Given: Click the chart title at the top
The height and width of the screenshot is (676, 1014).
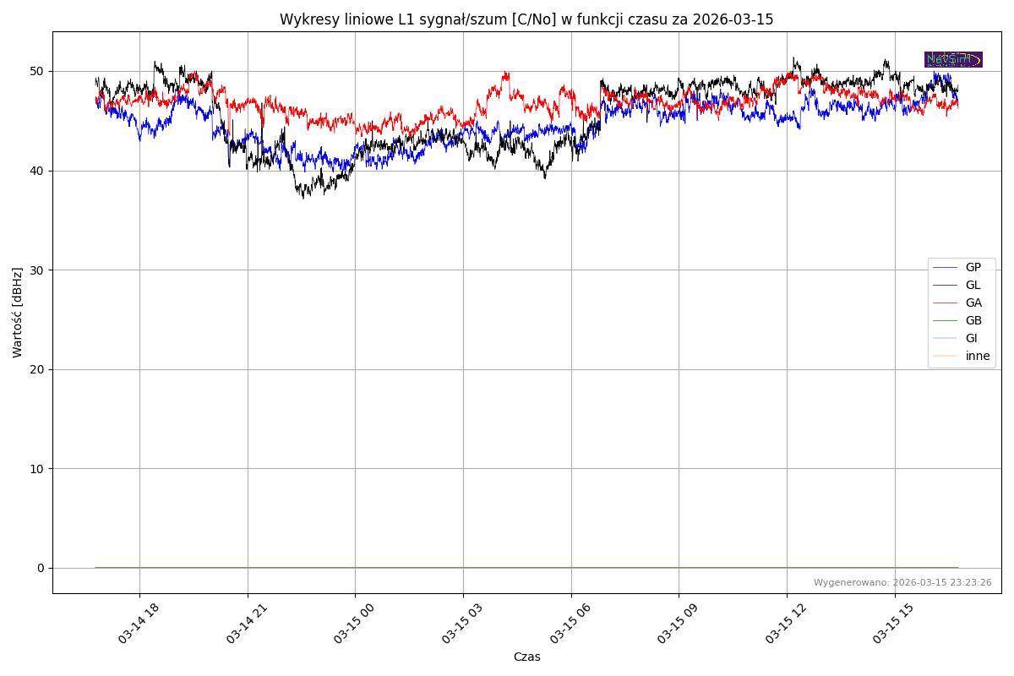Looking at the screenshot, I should tap(526, 19).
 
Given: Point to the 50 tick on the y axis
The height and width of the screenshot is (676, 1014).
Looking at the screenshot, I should tap(39, 71).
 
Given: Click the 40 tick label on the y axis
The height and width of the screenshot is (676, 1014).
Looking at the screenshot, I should tap(39, 171).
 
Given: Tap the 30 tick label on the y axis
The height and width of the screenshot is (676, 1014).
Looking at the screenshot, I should tap(39, 270).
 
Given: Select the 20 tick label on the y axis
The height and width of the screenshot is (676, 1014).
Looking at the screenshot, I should tap(39, 369).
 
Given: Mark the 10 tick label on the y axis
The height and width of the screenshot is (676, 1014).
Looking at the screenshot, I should tap(39, 468).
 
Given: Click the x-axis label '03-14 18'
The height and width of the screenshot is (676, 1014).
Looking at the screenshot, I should tap(139, 624).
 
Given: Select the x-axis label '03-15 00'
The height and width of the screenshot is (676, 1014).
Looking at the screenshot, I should tap(354, 624).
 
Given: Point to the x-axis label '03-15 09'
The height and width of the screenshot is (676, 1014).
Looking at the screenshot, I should tap(678, 624).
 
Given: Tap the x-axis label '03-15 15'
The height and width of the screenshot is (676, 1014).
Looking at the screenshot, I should tap(893, 624).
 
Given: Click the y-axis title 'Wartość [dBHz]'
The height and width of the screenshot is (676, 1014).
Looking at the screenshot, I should tap(18, 313).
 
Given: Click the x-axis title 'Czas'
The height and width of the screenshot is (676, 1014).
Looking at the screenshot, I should tap(526, 657).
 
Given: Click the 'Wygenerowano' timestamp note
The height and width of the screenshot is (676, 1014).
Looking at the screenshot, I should tap(902, 582).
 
